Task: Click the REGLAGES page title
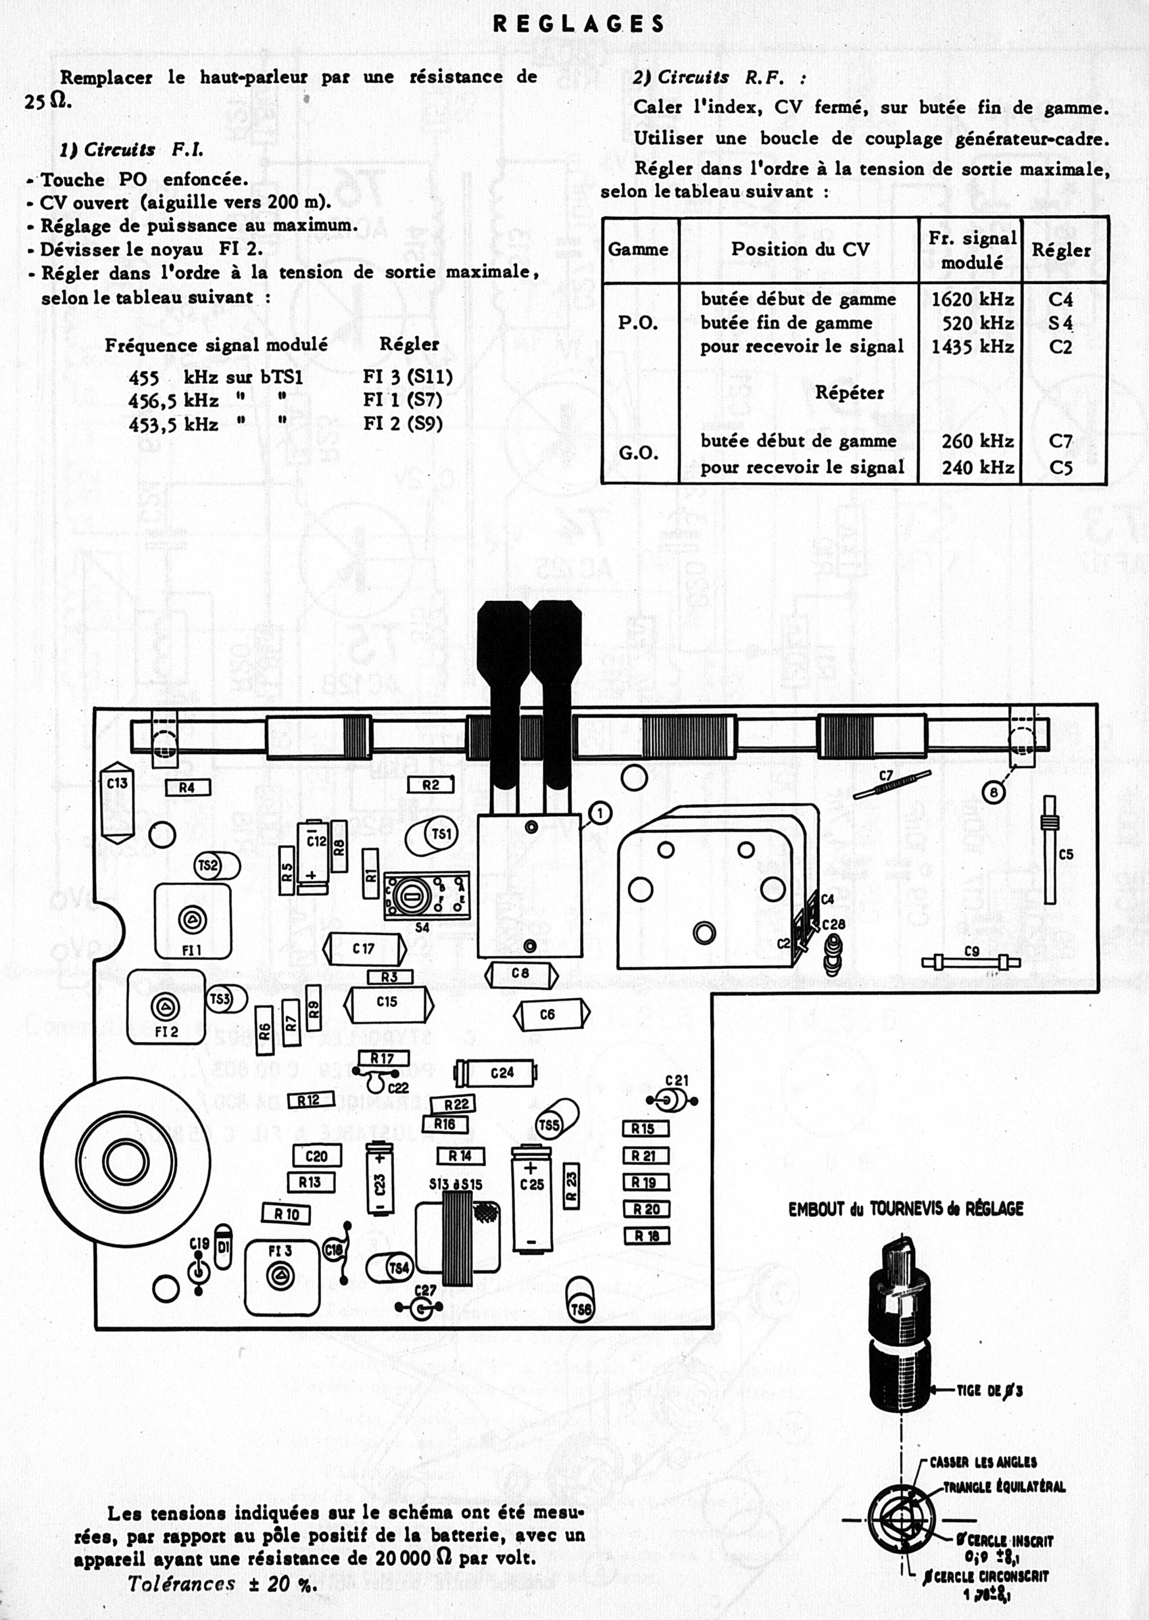coord(579,25)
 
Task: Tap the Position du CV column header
coord(800,249)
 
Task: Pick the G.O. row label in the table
coord(638,453)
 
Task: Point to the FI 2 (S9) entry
coord(403,423)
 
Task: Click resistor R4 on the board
coord(187,788)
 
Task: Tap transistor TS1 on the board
coord(434,836)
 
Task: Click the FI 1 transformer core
coord(192,920)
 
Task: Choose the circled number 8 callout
coord(994,793)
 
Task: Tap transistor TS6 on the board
coord(579,1310)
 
